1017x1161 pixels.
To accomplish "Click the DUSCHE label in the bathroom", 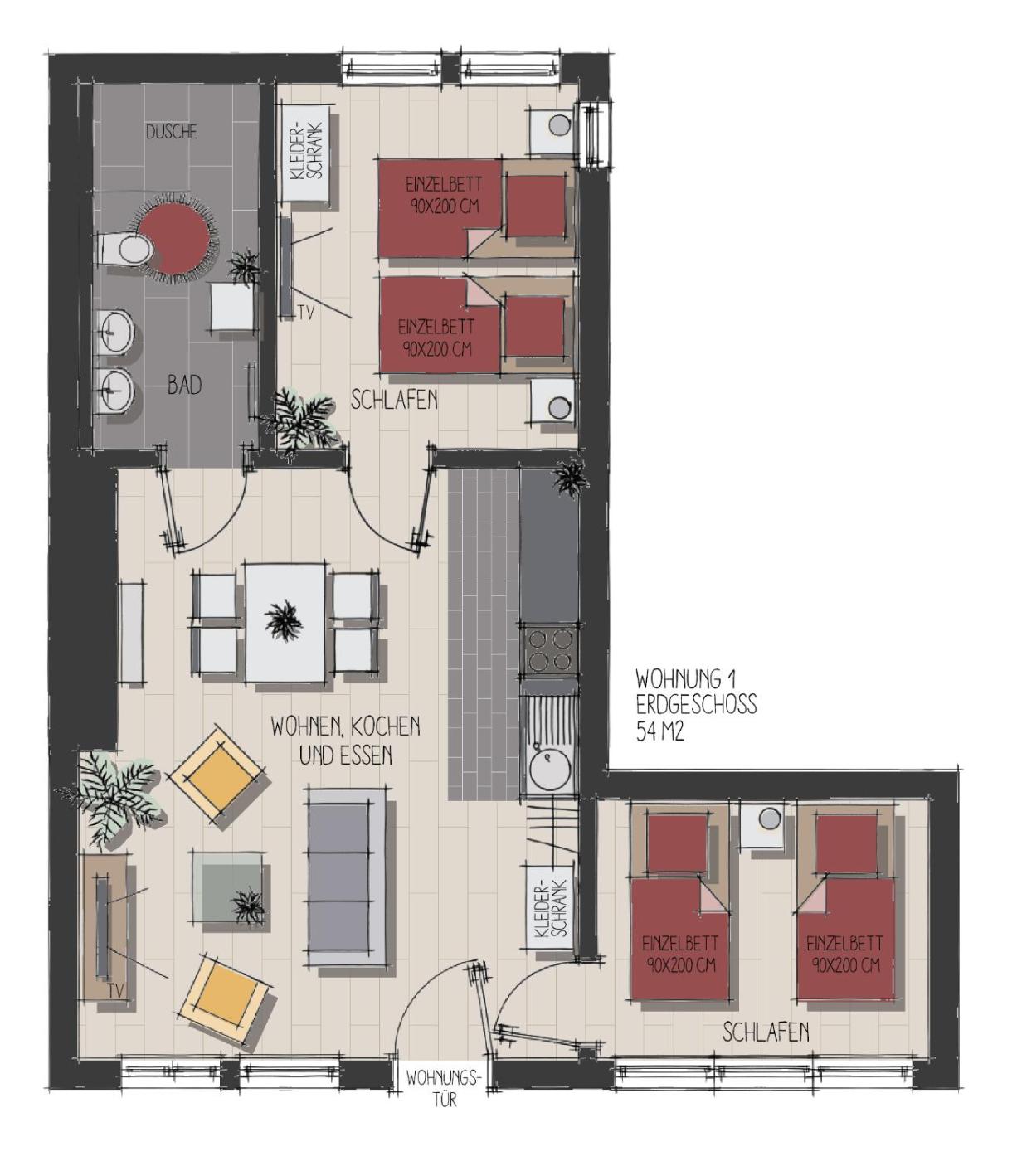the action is tap(172, 132).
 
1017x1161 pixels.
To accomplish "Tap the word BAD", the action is tap(184, 386).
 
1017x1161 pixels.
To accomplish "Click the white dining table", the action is tap(285, 623).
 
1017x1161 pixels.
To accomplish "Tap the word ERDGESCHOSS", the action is tap(696, 704).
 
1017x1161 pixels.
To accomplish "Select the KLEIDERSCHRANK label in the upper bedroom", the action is tap(305, 151).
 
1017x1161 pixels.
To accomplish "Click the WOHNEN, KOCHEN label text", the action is tap(346, 727).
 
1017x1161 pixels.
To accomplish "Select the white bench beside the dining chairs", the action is tap(132, 631).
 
